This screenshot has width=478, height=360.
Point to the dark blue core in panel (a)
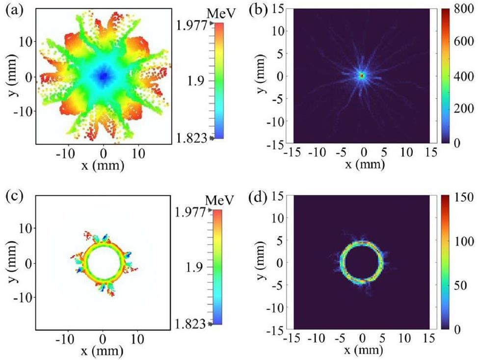[103, 76]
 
